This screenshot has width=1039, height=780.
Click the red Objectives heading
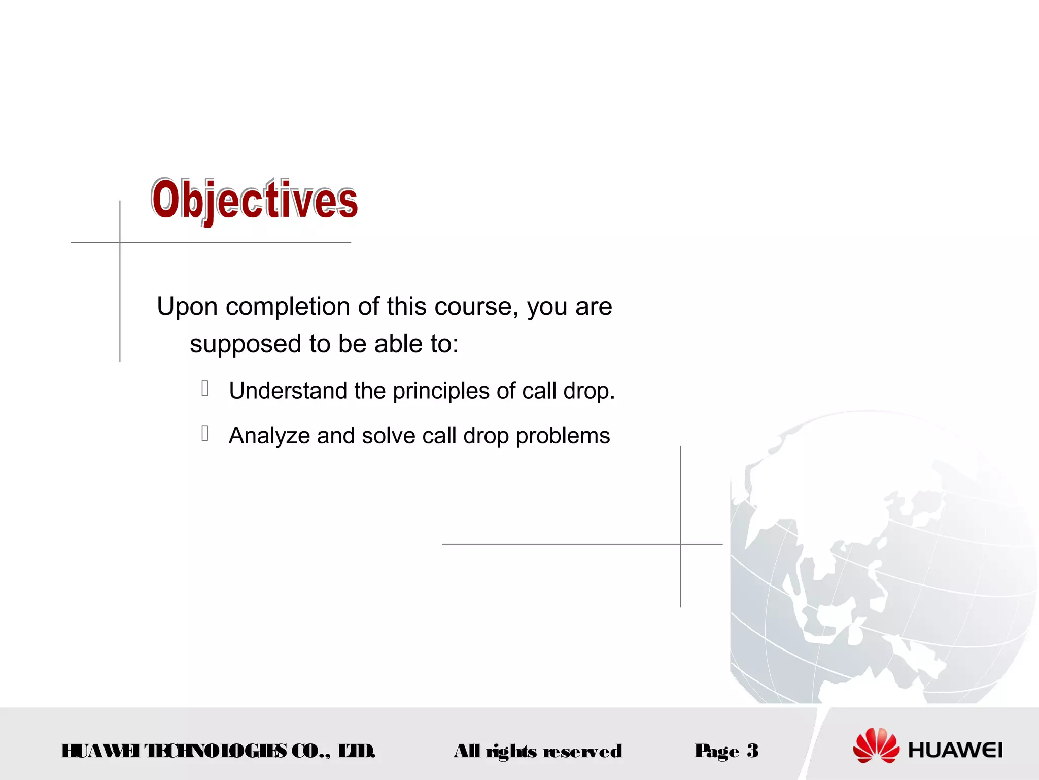pyautogui.click(x=254, y=201)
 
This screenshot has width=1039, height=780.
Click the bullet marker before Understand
pyautogui.click(x=205, y=388)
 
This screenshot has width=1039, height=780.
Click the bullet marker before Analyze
pyautogui.click(x=205, y=433)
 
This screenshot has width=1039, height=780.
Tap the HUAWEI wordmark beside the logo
pyautogui.click(x=955, y=751)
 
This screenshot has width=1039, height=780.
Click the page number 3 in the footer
pyautogui.click(x=752, y=751)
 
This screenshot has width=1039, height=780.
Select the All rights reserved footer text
pyautogui.click(x=538, y=751)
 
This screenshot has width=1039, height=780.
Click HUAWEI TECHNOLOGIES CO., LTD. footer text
pyautogui.click(x=218, y=751)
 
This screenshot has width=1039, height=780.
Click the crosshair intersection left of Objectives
pyautogui.click(x=120, y=243)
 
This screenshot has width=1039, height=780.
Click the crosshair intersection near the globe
pyautogui.click(x=681, y=544)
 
